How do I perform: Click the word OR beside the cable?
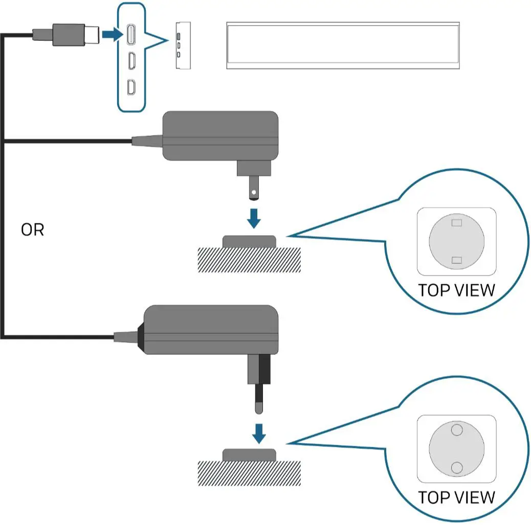click(x=33, y=230)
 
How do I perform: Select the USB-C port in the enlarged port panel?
click(x=131, y=34)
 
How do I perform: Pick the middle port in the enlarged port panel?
click(x=131, y=61)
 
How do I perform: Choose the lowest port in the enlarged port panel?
click(x=131, y=87)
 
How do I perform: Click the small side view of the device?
click(x=183, y=45)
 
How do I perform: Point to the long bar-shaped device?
click(x=343, y=45)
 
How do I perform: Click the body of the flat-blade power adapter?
click(x=220, y=136)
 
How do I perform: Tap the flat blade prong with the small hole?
click(x=253, y=190)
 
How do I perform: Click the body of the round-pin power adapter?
click(x=210, y=330)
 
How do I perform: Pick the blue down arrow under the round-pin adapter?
click(x=259, y=433)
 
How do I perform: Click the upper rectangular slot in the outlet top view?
click(x=457, y=223)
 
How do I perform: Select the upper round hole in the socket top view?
click(x=457, y=430)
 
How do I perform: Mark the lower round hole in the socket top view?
click(x=457, y=467)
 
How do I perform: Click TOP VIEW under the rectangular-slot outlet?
click(x=456, y=290)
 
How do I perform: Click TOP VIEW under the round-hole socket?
click(x=456, y=497)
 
